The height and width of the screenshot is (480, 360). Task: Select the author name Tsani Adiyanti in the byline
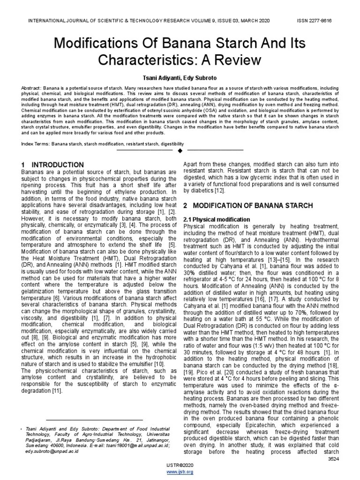coord(158,77)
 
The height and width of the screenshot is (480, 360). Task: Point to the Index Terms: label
coord(36,143)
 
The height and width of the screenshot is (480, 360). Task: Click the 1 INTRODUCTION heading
coord(53,165)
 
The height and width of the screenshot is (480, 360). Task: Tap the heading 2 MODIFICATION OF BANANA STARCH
coord(248,206)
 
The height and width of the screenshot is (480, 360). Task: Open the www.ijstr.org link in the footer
coord(180,472)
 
